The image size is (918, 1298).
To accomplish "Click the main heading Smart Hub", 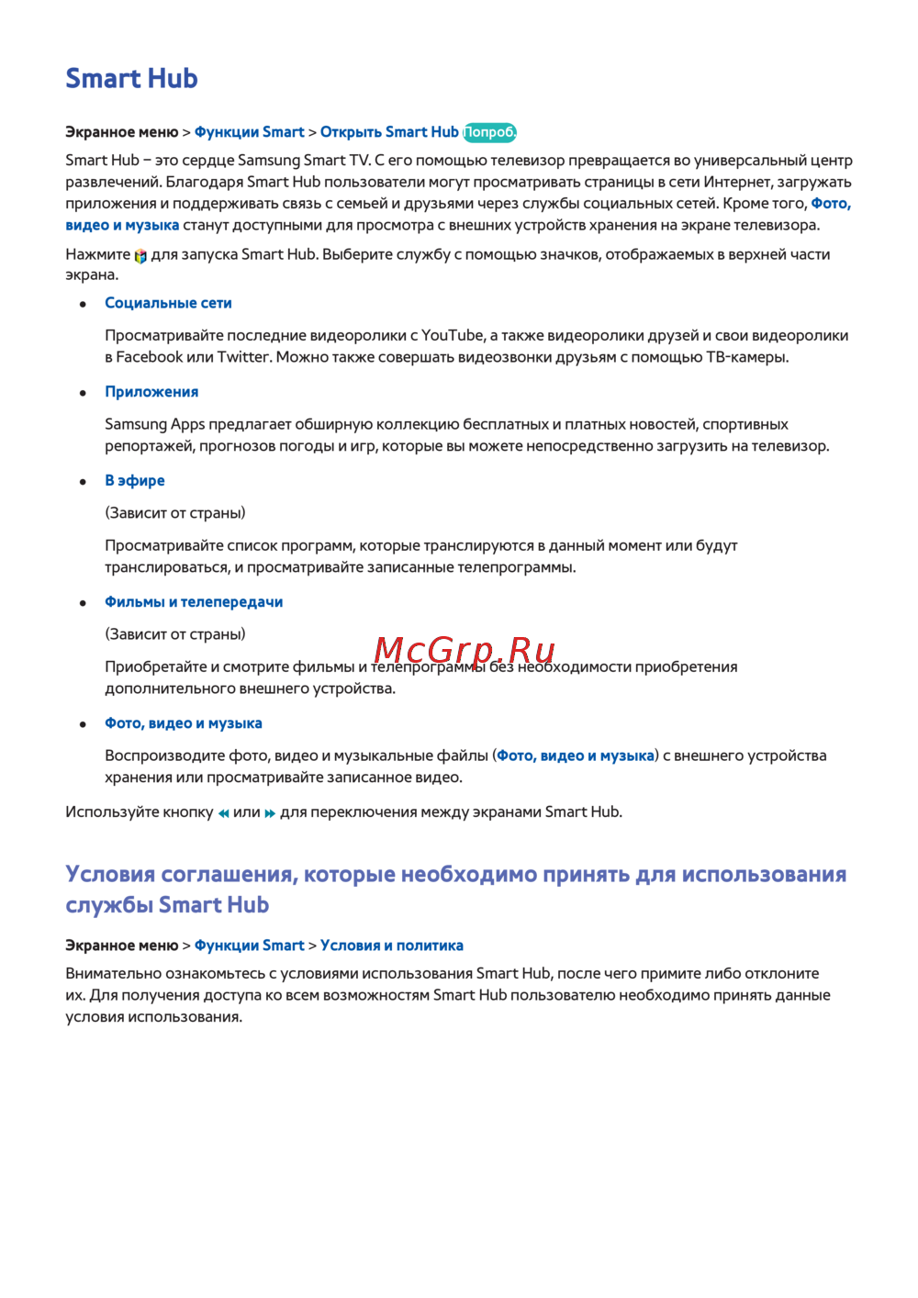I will click(131, 79).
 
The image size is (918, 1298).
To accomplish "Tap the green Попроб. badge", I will click(489, 132).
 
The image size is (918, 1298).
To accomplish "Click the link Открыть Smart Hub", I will click(388, 132).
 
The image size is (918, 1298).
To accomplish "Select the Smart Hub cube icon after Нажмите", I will click(140, 256).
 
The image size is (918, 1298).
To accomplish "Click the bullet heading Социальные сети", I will click(168, 303).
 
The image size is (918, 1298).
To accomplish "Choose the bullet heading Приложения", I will click(151, 392).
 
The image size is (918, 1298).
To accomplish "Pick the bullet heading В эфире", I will click(135, 481).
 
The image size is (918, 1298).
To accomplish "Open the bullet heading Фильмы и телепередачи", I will click(194, 602).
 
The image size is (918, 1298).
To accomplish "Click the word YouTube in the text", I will click(452, 336).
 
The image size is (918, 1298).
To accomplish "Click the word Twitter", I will click(243, 357).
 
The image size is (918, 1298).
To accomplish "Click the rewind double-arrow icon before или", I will click(223, 813).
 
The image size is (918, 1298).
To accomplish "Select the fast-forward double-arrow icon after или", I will click(270, 813).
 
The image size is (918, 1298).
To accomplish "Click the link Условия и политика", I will click(391, 946).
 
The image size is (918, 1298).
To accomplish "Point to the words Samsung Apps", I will click(154, 424).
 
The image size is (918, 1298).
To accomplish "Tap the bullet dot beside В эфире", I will click(84, 482).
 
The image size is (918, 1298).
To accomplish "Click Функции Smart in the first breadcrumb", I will click(249, 132).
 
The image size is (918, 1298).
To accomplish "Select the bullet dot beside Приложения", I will click(84, 393).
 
